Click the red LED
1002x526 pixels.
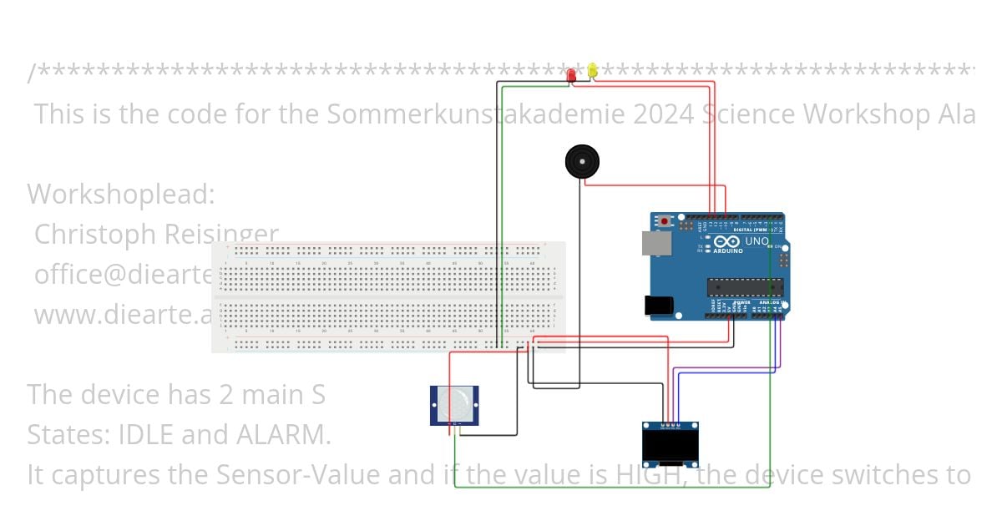(571, 75)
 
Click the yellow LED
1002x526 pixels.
(592, 71)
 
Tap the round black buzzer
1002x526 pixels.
(582, 161)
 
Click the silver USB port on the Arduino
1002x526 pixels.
(655, 243)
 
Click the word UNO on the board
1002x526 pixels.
(757, 241)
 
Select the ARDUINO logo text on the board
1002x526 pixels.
(728, 250)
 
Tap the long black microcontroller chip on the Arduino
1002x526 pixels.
(745, 287)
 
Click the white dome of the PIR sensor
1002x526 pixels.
(454, 405)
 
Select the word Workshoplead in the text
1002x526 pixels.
(120, 195)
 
